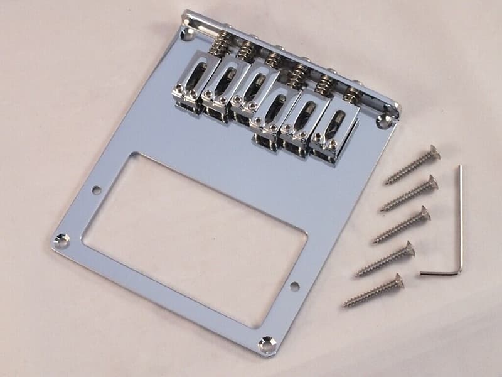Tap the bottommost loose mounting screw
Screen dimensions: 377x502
click(x=373, y=290)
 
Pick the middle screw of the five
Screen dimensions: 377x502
click(x=402, y=225)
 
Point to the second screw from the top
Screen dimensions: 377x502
click(x=409, y=194)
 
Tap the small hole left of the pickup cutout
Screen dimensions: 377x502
click(x=97, y=188)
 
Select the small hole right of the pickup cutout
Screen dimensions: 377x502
click(x=294, y=287)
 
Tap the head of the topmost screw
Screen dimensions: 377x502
click(x=432, y=153)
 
